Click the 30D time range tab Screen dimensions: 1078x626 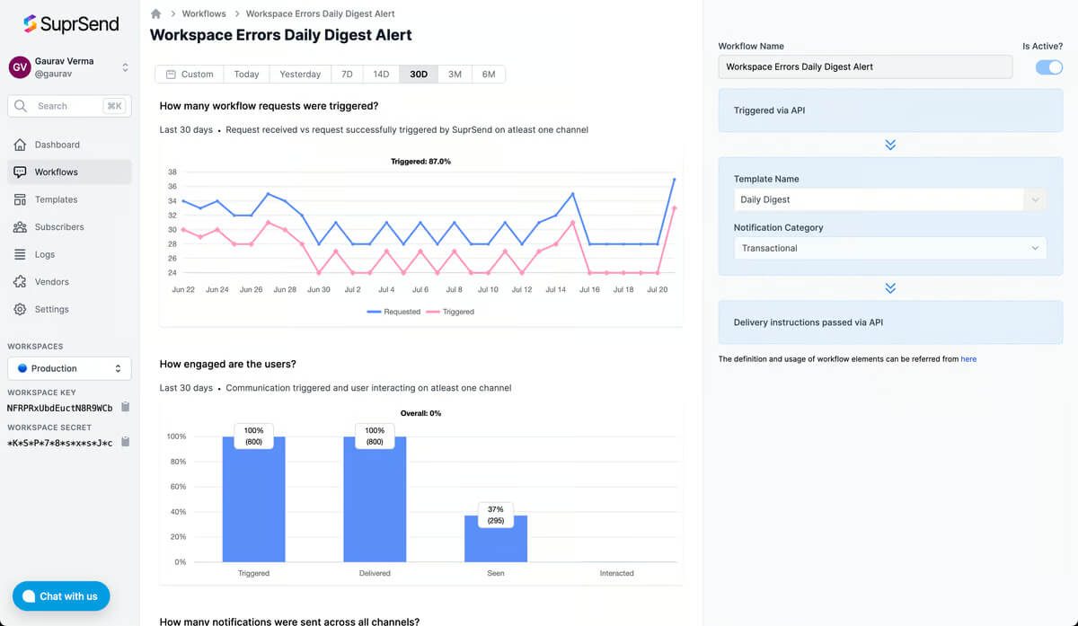pyautogui.click(x=419, y=75)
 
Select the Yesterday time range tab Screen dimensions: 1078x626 pyautogui.click(x=300, y=75)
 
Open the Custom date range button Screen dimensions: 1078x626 pyautogui.click(x=190, y=75)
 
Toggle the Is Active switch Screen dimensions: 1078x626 pyautogui.click(x=1048, y=66)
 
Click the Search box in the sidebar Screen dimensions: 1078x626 pyautogui.click(x=69, y=106)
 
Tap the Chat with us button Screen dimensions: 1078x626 pyautogui.click(x=61, y=596)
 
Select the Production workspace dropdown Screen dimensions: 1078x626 pyautogui.click(x=69, y=368)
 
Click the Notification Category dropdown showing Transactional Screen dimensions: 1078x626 pyautogui.click(x=890, y=248)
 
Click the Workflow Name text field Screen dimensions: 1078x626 pyautogui.click(x=865, y=66)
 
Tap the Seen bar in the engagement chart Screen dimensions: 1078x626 pyautogui.click(x=496, y=538)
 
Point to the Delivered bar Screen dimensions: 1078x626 pyautogui.click(x=375, y=499)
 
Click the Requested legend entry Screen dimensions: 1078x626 pyautogui.click(x=393, y=312)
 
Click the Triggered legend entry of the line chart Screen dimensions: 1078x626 pyautogui.click(x=450, y=312)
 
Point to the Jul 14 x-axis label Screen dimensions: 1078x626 pyautogui.click(x=555, y=290)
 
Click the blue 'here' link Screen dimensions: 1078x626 pyautogui.click(x=968, y=359)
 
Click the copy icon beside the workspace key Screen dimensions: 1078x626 pyautogui.click(x=125, y=407)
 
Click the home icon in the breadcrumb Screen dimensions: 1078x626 pyautogui.click(x=155, y=14)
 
